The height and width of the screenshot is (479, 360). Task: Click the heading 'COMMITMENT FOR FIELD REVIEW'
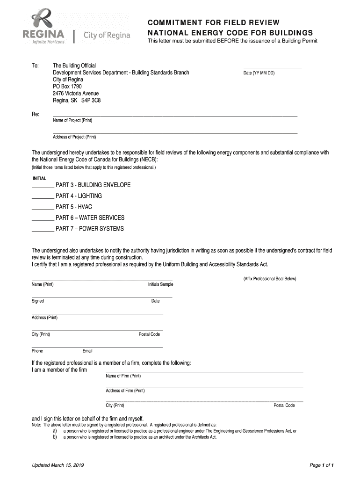pyautogui.click(x=214, y=22)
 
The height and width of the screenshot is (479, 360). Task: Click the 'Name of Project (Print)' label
pyautogui.click(x=72, y=121)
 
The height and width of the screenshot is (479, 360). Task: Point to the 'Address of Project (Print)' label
pyautogui.click(x=74, y=137)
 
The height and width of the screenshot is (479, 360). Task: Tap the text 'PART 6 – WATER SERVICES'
pyautogui.click(x=90, y=218)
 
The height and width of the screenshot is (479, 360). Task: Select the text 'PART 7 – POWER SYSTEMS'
pyautogui.click(x=90, y=229)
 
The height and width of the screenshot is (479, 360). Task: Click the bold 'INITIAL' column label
pyautogui.click(x=39, y=179)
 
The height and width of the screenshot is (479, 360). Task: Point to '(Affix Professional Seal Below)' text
pyautogui.click(x=269, y=279)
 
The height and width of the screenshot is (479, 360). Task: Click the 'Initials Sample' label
pyautogui.click(x=160, y=284)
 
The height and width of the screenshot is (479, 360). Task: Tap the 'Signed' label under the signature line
pyautogui.click(x=38, y=301)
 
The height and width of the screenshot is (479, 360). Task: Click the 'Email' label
pyautogui.click(x=87, y=351)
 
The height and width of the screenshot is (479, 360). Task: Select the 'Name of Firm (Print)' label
pyautogui.click(x=123, y=376)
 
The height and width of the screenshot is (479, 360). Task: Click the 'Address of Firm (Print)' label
pyautogui.click(x=125, y=391)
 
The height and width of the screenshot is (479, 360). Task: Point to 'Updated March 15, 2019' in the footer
pyautogui.click(x=58, y=465)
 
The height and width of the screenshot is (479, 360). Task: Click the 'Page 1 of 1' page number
pyautogui.click(x=324, y=465)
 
